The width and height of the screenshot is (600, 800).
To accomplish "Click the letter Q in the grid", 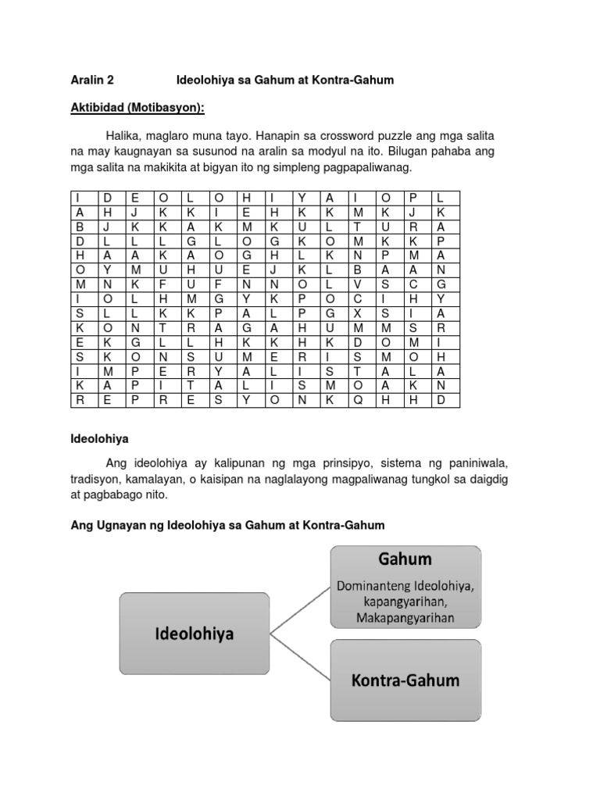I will coord(357,399).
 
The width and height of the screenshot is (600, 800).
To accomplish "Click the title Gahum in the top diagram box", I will coord(405,560).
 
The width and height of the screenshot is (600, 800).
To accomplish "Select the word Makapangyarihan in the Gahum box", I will coord(405,616).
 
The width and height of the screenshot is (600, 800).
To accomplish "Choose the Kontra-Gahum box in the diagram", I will coord(405,680).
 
